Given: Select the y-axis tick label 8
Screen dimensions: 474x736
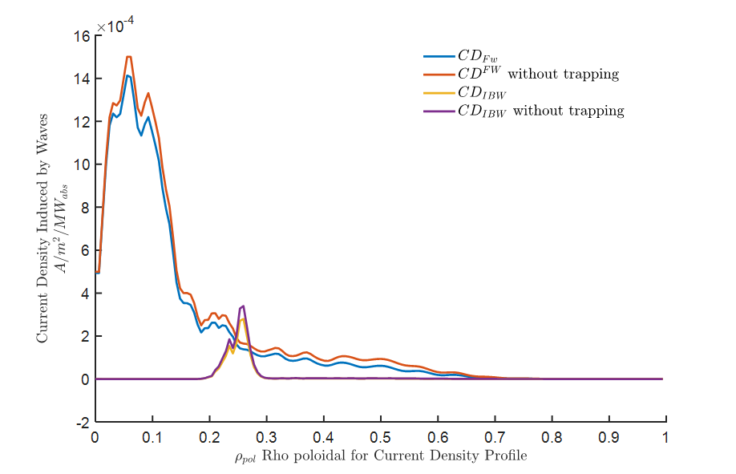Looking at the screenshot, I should tap(86, 208).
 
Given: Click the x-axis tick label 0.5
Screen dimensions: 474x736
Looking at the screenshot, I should tap(381, 437).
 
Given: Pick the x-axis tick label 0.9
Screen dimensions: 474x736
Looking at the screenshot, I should tap(609, 437).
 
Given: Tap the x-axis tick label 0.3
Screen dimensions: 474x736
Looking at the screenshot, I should tap(266, 437).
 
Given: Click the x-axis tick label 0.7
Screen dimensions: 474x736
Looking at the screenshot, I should tap(495, 437).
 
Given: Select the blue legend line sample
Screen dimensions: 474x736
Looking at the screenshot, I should tap(439, 56).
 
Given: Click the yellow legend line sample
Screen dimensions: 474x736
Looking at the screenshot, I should tap(439, 93).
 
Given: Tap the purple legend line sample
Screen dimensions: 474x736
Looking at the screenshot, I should tap(439, 111).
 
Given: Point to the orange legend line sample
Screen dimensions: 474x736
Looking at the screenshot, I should tap(439, 75).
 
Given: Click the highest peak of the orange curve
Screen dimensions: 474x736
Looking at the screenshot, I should tap(128, 57).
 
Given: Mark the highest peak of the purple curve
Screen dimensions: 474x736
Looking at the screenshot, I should tap(243, 306).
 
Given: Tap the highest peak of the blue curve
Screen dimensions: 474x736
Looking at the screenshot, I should tap(127, 75).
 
